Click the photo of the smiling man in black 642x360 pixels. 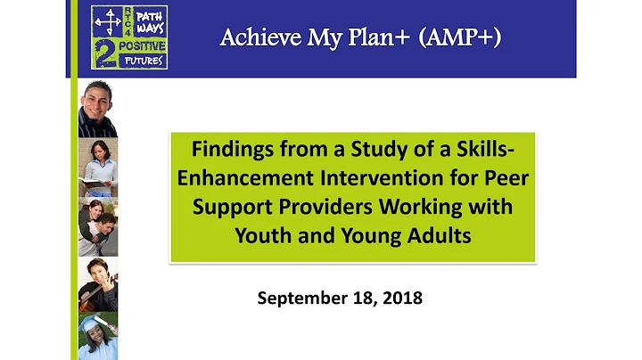97,109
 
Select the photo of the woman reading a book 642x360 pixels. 97,167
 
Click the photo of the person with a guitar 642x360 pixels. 97,285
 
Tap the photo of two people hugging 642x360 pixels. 97,225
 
